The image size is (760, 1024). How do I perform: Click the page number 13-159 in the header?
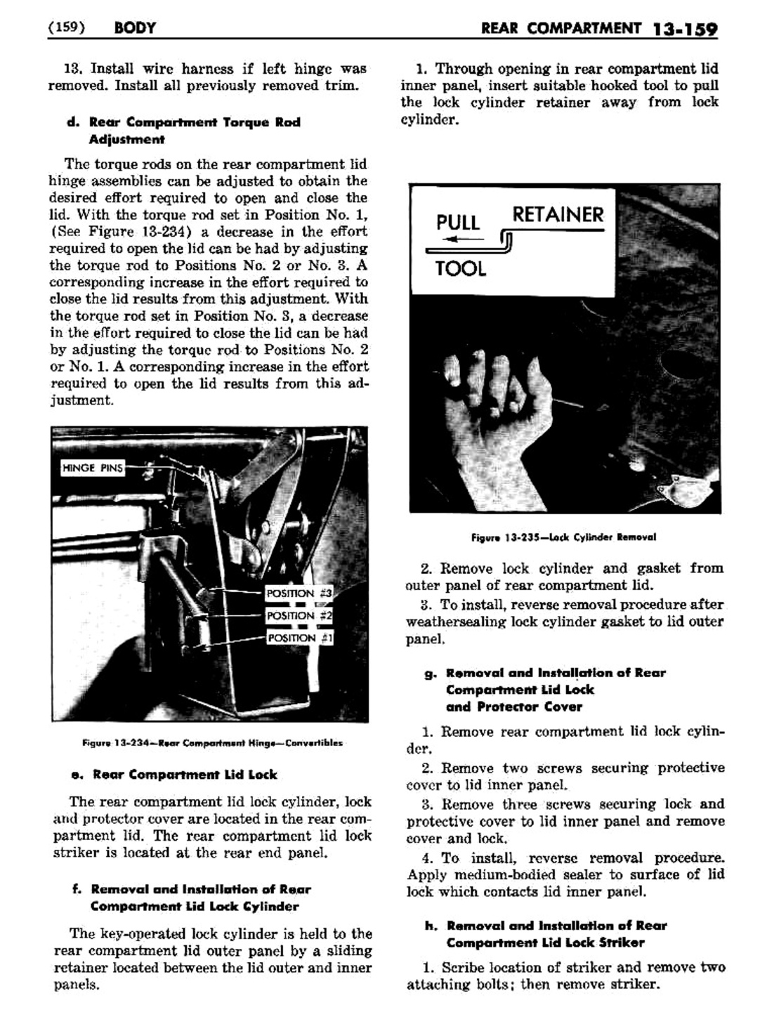pos(684,29)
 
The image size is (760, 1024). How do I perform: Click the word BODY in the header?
pos(133,28)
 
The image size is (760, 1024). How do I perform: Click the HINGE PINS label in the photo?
pos(93,468)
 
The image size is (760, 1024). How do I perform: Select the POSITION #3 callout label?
pos(299,593)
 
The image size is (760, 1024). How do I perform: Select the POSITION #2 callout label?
pos(299,616)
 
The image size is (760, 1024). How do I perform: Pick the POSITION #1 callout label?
pos(299,638)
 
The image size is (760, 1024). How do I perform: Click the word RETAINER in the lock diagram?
pos(558,214)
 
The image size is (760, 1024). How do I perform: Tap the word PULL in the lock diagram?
pos(458,223)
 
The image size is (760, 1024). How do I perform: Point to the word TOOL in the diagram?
pos(460,268)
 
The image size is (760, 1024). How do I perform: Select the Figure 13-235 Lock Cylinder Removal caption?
pos(563,537)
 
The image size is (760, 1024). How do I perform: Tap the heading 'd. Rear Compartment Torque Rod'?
pos(183,122)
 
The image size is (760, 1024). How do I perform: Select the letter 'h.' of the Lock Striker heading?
pos(431,926)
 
